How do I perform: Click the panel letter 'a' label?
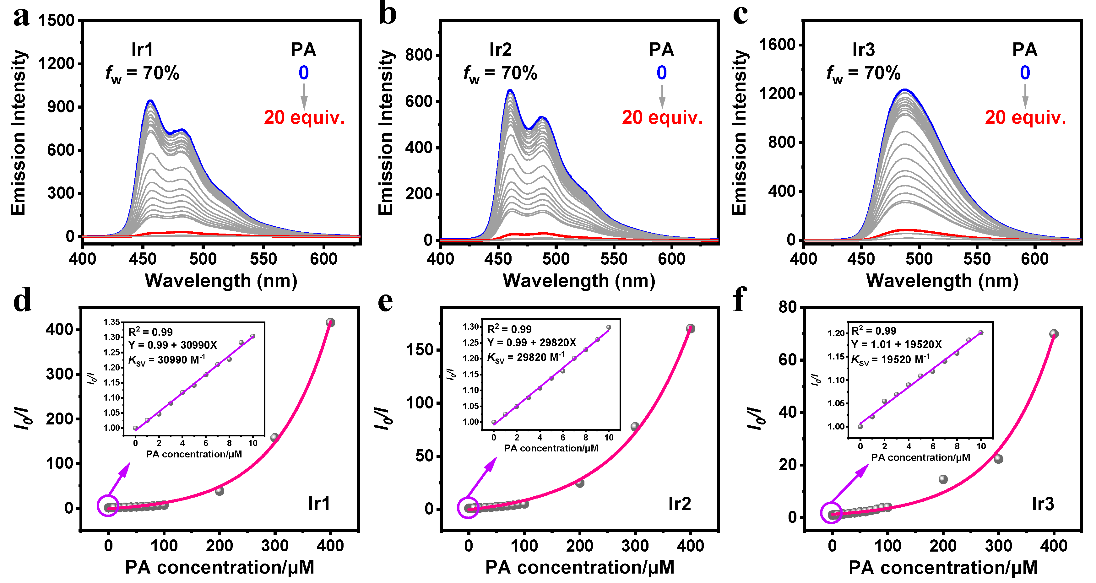(21, 17)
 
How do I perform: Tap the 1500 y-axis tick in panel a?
(56, 20)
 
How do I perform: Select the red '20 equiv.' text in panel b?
(662, 117)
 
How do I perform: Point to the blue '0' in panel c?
(1025, 73)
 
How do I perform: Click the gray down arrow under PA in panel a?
(304, 97)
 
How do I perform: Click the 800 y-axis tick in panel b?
(419, 55)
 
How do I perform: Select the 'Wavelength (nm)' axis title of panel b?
(579, 281)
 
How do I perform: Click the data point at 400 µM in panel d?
(330, 323)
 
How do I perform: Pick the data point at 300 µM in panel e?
(635, 427)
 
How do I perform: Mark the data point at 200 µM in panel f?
(943, 479)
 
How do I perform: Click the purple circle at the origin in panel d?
(108, 506)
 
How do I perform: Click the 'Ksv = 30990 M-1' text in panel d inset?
(167, 360)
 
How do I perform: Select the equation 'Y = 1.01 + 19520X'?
(897, 344)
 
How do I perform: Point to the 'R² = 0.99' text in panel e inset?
(509, 329)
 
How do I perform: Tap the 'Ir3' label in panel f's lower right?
(1043, 504)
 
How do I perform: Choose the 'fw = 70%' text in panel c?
(863, 73)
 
